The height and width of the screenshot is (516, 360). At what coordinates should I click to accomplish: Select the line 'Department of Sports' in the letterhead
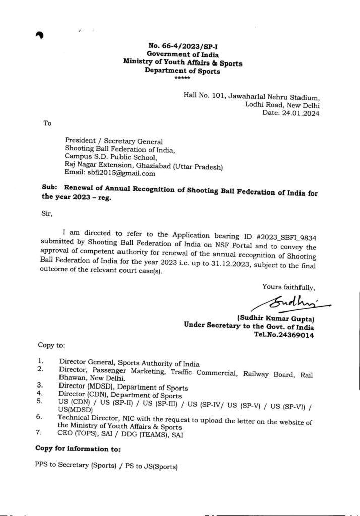(182, 71)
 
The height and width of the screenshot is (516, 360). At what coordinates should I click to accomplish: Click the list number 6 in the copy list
(40, 418)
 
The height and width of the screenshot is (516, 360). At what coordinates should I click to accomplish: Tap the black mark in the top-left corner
(39, 36)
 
